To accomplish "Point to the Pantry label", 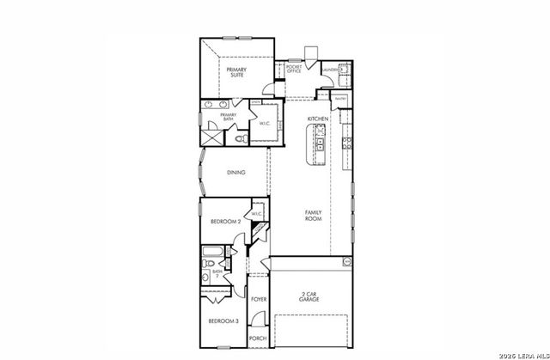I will coord(340,99).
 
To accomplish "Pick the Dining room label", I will coord(236,172).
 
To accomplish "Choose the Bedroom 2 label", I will coord(224,222).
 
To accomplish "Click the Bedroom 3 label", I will coord(223,320).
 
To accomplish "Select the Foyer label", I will coord(259,299).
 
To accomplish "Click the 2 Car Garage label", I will coord(310,296).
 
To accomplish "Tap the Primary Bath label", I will coord(228,116).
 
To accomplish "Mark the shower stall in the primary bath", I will coord(211,136).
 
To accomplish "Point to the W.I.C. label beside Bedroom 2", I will coord(256,213).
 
